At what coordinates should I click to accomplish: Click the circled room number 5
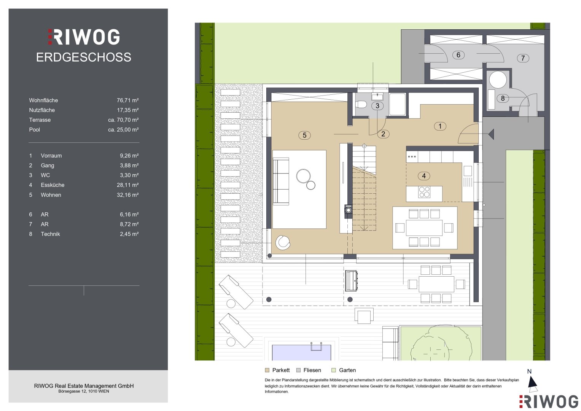point(304,135)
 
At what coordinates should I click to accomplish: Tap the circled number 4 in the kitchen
point(424,176)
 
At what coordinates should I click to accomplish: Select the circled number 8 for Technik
point(503,98)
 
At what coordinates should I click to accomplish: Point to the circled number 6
point(458,55)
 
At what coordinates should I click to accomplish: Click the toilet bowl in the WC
point(361,105)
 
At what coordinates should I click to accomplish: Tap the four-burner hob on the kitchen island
point(424,192)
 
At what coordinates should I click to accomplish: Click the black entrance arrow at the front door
point(491,134)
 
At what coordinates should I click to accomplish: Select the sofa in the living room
point(281,181)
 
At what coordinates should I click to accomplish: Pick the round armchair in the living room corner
point(283,243)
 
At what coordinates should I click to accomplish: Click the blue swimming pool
point(301,352)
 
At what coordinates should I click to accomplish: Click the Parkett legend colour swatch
point(267,370)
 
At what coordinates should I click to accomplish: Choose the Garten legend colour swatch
point(334,370)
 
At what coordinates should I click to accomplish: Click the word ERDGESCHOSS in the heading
point(84,57)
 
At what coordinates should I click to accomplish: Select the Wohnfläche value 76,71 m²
point(127,100)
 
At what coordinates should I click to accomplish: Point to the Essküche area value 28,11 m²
point(127,185)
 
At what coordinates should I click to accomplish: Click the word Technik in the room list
point(50,234)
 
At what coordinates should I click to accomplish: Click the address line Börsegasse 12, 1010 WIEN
point(84,391)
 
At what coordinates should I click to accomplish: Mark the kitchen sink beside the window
point(468,171)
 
